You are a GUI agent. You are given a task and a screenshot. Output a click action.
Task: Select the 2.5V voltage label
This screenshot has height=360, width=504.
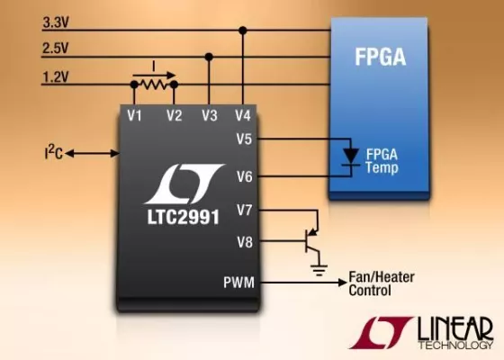click(x=57, y=47)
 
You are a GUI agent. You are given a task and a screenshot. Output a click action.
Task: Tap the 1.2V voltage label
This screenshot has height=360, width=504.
click(x=57, y=76)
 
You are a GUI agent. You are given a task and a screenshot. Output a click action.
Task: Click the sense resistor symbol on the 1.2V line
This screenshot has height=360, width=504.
click(x=154, y=83)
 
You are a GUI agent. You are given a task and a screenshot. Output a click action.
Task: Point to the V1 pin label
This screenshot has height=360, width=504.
click(x=135, y=116)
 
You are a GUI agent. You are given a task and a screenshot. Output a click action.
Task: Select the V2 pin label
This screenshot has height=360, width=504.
click(x=174, y=116)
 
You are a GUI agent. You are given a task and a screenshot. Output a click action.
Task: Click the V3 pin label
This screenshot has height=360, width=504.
click(x=210, y=116)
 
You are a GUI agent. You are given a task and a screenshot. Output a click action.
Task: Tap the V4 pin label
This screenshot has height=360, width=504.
click(x=242, y=116)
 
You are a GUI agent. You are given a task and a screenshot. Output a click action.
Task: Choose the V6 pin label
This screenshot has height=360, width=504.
click(x=244, y=175)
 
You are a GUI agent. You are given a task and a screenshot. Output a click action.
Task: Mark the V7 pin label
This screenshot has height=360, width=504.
click(x=244, y=210)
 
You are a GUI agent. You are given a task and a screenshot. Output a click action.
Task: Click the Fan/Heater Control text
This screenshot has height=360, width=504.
click(x=382, y=283)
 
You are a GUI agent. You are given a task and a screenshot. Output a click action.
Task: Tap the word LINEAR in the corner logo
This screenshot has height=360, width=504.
click(x=454, y=327)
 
